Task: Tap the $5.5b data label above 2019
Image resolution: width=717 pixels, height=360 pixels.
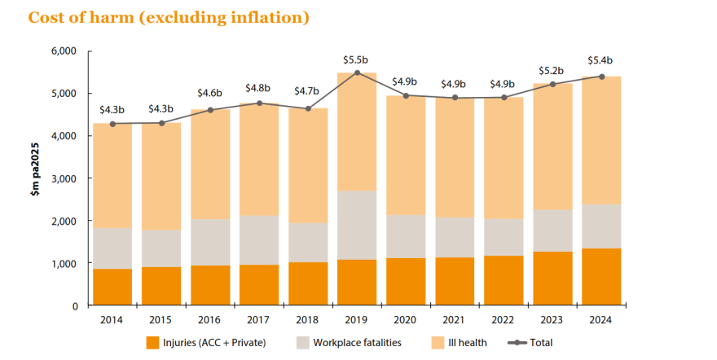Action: tap(357, 59)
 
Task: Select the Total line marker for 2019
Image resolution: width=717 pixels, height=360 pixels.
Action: tap(357, 73)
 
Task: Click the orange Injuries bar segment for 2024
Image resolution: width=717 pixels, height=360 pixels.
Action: tap(601, 277)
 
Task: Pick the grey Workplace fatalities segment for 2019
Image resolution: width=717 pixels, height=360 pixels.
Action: tap(357, 225)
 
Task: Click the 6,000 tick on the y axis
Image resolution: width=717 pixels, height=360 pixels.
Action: tap(63, 51)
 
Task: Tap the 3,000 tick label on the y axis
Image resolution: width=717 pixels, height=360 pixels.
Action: tap(63, 178)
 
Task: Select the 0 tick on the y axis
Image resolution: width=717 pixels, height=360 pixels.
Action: tap(73, 306)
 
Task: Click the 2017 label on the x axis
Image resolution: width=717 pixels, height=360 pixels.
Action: tap(259, 319)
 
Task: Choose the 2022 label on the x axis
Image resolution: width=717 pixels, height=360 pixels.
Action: tap(504, 319)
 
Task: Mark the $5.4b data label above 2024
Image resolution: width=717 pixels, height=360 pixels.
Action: tap(601, 60)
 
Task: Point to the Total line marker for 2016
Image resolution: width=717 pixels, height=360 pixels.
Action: tap(210, 110)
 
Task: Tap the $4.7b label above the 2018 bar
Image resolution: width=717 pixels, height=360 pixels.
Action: tap(308, 91)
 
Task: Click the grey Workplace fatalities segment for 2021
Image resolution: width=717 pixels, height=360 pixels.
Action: tap(455, 237)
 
